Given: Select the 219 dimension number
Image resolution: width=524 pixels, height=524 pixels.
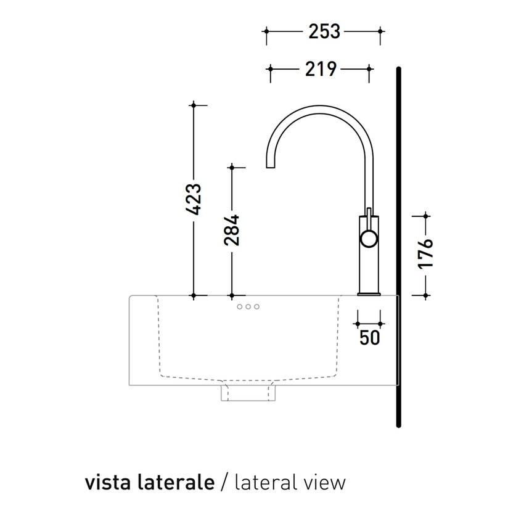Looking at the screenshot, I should (x=321, y=69).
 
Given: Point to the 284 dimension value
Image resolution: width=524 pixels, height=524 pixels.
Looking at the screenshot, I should (x=231, y=230).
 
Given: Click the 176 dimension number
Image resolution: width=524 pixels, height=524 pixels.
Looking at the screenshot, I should (x=425, y=253).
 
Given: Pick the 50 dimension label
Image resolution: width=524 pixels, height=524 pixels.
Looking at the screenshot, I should (x=369, y=337).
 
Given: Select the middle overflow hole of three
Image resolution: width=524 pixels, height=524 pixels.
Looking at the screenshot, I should (x=248, y=306).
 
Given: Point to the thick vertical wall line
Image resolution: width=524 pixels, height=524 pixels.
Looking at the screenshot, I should (x=399, y=247).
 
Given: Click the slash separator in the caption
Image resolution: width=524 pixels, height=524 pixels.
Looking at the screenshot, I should (x=224, y=482).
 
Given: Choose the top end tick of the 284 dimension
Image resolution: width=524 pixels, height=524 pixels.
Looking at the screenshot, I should (x=231, y=167).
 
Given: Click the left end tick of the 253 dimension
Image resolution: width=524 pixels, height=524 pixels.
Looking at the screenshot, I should (x=266, y=31).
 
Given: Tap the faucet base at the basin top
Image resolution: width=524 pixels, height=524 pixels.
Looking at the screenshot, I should (x=369, y=293).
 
